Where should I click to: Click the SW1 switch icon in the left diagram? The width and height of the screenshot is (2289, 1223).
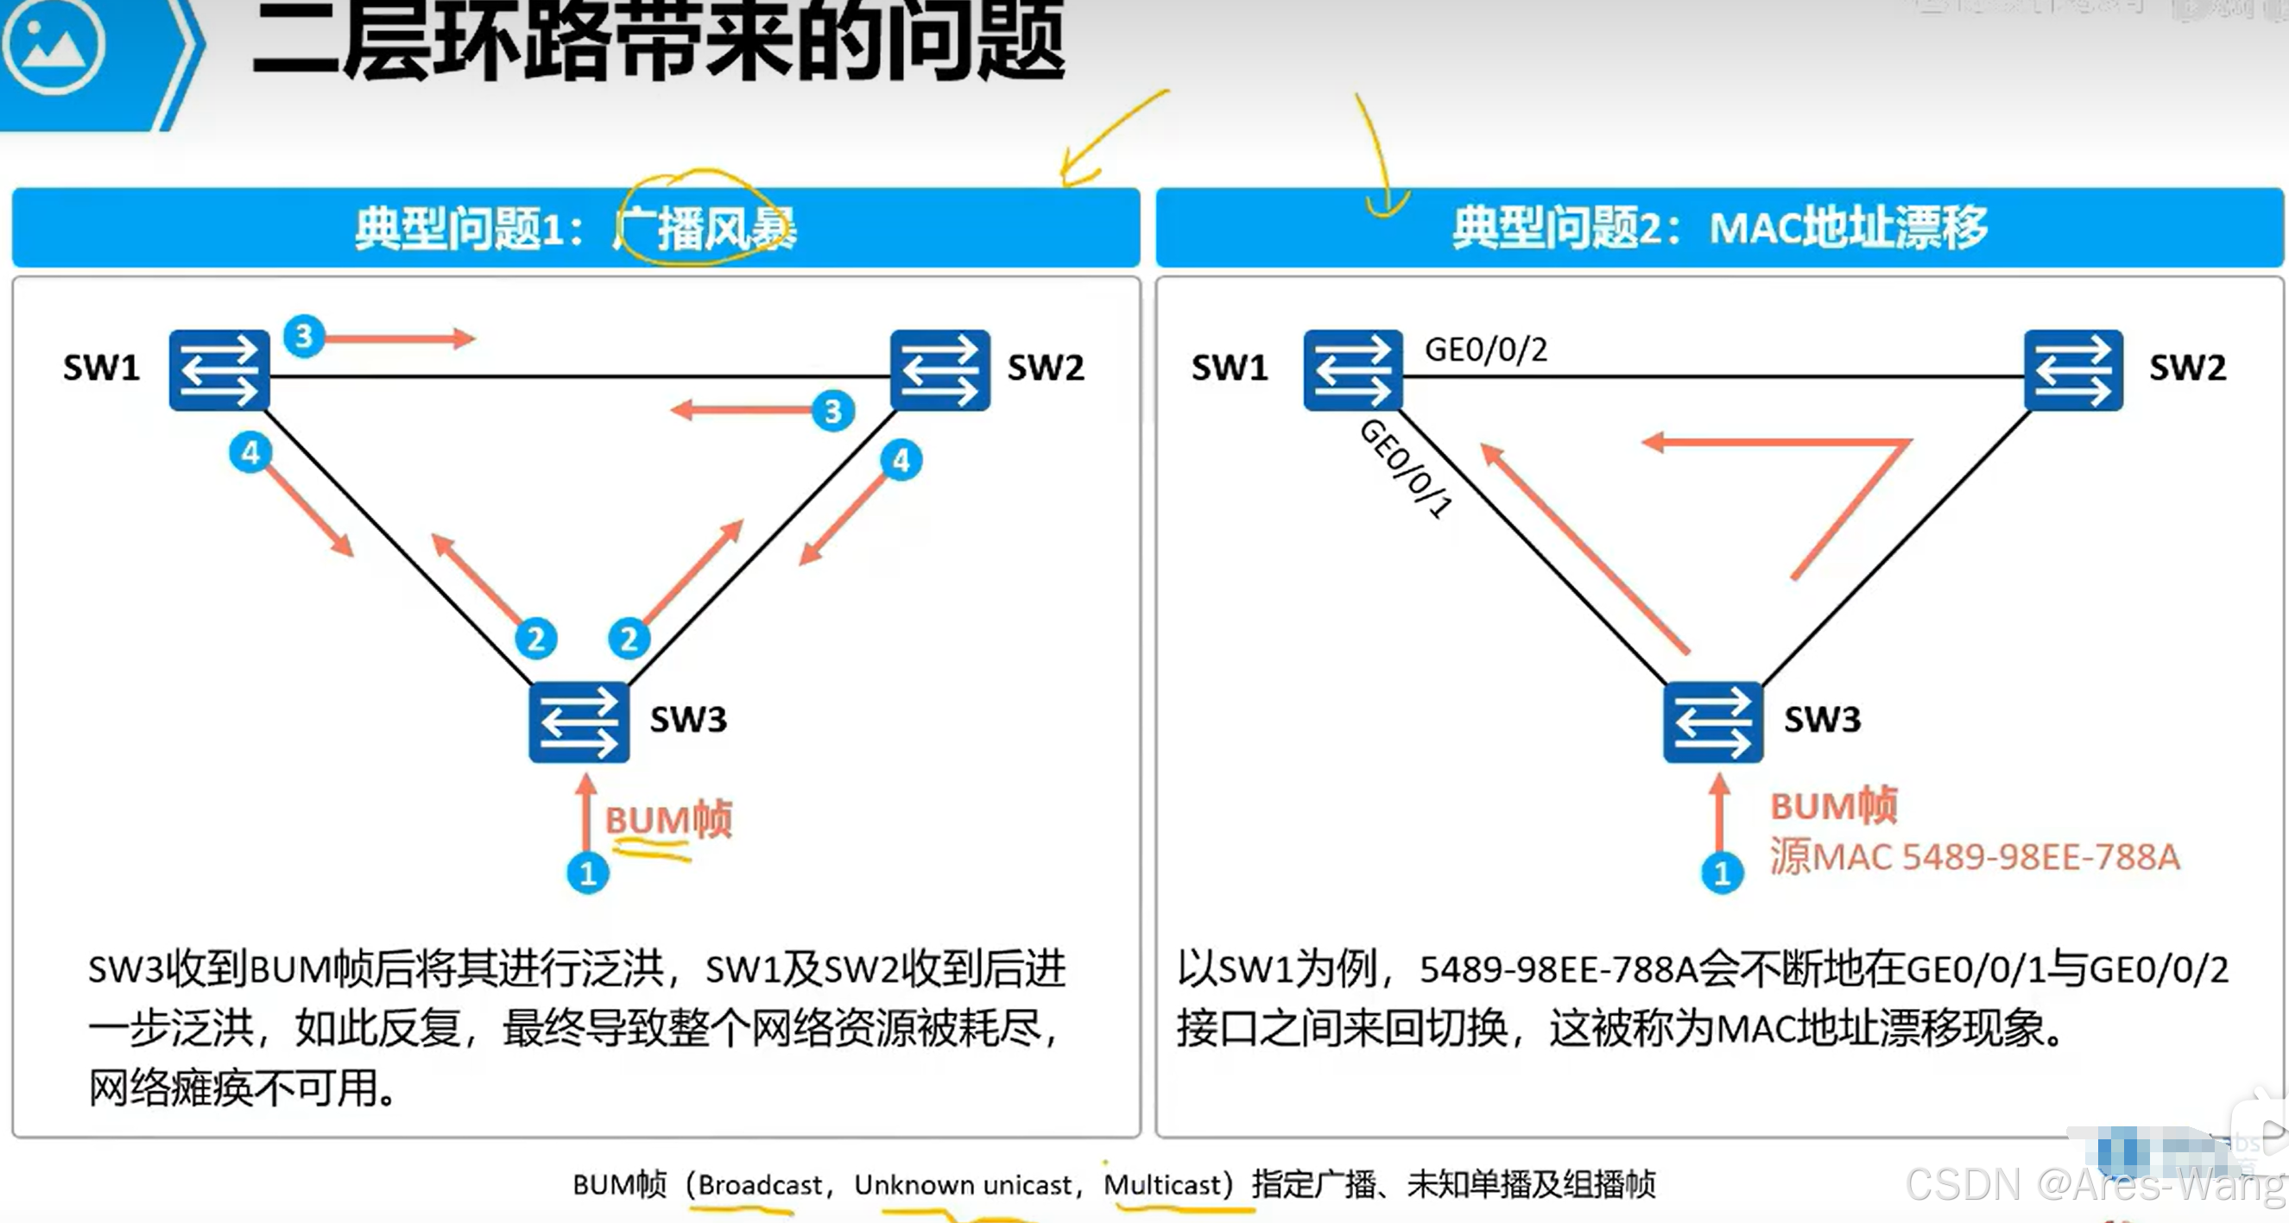(218, 369)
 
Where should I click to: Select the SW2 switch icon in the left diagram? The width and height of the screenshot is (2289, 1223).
(939, 369)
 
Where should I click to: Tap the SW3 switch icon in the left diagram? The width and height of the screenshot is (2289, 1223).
(579, 722)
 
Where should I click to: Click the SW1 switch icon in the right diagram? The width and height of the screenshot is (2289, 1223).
(1352, 369)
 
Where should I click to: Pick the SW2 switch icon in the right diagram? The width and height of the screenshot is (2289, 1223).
(2073, 369)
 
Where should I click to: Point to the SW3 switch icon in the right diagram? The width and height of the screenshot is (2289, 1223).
(1712, 722)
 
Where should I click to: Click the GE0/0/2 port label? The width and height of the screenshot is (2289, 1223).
(1486, 349)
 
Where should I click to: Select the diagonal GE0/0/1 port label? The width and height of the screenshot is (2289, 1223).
(1406, 468)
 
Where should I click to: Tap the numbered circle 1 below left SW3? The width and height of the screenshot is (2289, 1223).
(587, 873)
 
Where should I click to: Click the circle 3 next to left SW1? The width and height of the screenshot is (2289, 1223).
(304, 336)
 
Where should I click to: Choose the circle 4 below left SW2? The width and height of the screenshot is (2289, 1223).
(901, 460)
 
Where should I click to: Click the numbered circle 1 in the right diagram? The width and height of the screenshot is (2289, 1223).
(1722, 873)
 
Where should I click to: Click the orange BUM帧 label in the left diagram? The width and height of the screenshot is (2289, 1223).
(668, 819)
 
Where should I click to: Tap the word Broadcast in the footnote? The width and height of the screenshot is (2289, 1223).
(759, 1184)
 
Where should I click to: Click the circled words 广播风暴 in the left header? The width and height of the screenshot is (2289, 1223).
(707, 228)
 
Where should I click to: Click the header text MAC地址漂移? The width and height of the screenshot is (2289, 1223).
(1849, 227)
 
